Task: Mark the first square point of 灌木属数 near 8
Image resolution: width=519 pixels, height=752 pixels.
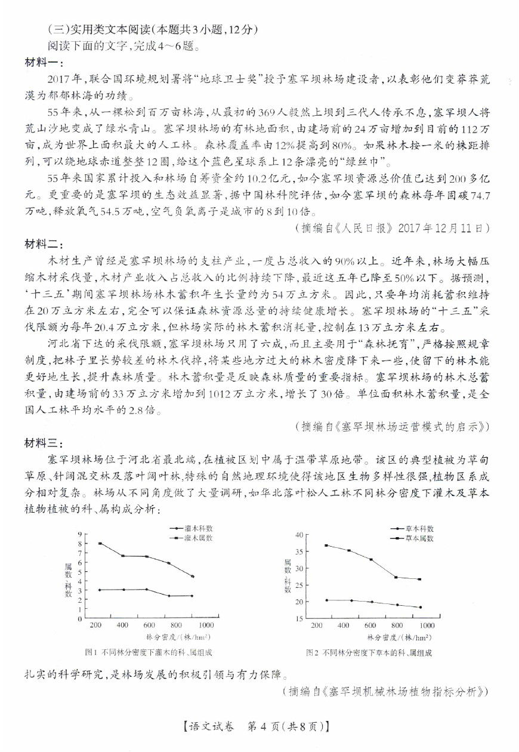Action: [100, 544]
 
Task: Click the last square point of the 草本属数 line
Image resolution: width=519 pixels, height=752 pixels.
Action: [420, 579]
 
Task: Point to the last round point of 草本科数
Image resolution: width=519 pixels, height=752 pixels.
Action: [420, 607]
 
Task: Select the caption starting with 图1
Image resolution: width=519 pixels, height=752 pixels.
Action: [149, 653]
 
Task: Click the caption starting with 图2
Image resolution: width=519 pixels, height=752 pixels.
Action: [369, 653]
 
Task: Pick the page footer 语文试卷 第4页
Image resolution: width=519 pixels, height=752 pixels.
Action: [259, 727]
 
